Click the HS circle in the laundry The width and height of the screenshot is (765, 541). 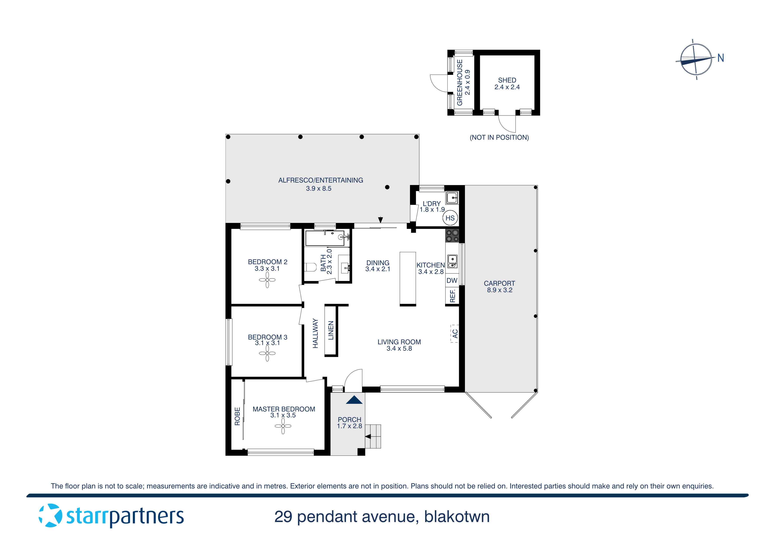click(x=450, y=218)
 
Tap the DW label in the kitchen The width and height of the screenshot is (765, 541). click(x=452, y=280)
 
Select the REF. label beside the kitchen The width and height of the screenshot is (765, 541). click(x=453, y=296)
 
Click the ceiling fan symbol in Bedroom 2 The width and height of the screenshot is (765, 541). click(x=267, y=280)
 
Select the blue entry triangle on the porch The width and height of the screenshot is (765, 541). click(x=354, y=400)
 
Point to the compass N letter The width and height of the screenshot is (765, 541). click(x=721, y=58)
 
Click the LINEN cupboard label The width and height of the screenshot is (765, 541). click(x=331, y=330)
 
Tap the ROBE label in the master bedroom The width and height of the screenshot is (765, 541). click(x=237, y=416)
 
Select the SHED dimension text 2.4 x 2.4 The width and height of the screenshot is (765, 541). click(x=507, y=87)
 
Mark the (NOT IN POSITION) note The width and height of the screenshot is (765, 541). click(x=499, y=137)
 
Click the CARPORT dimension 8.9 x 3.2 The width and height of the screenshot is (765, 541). click(x=499, y=290)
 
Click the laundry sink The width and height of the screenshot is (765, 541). click(x=452, y=198)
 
